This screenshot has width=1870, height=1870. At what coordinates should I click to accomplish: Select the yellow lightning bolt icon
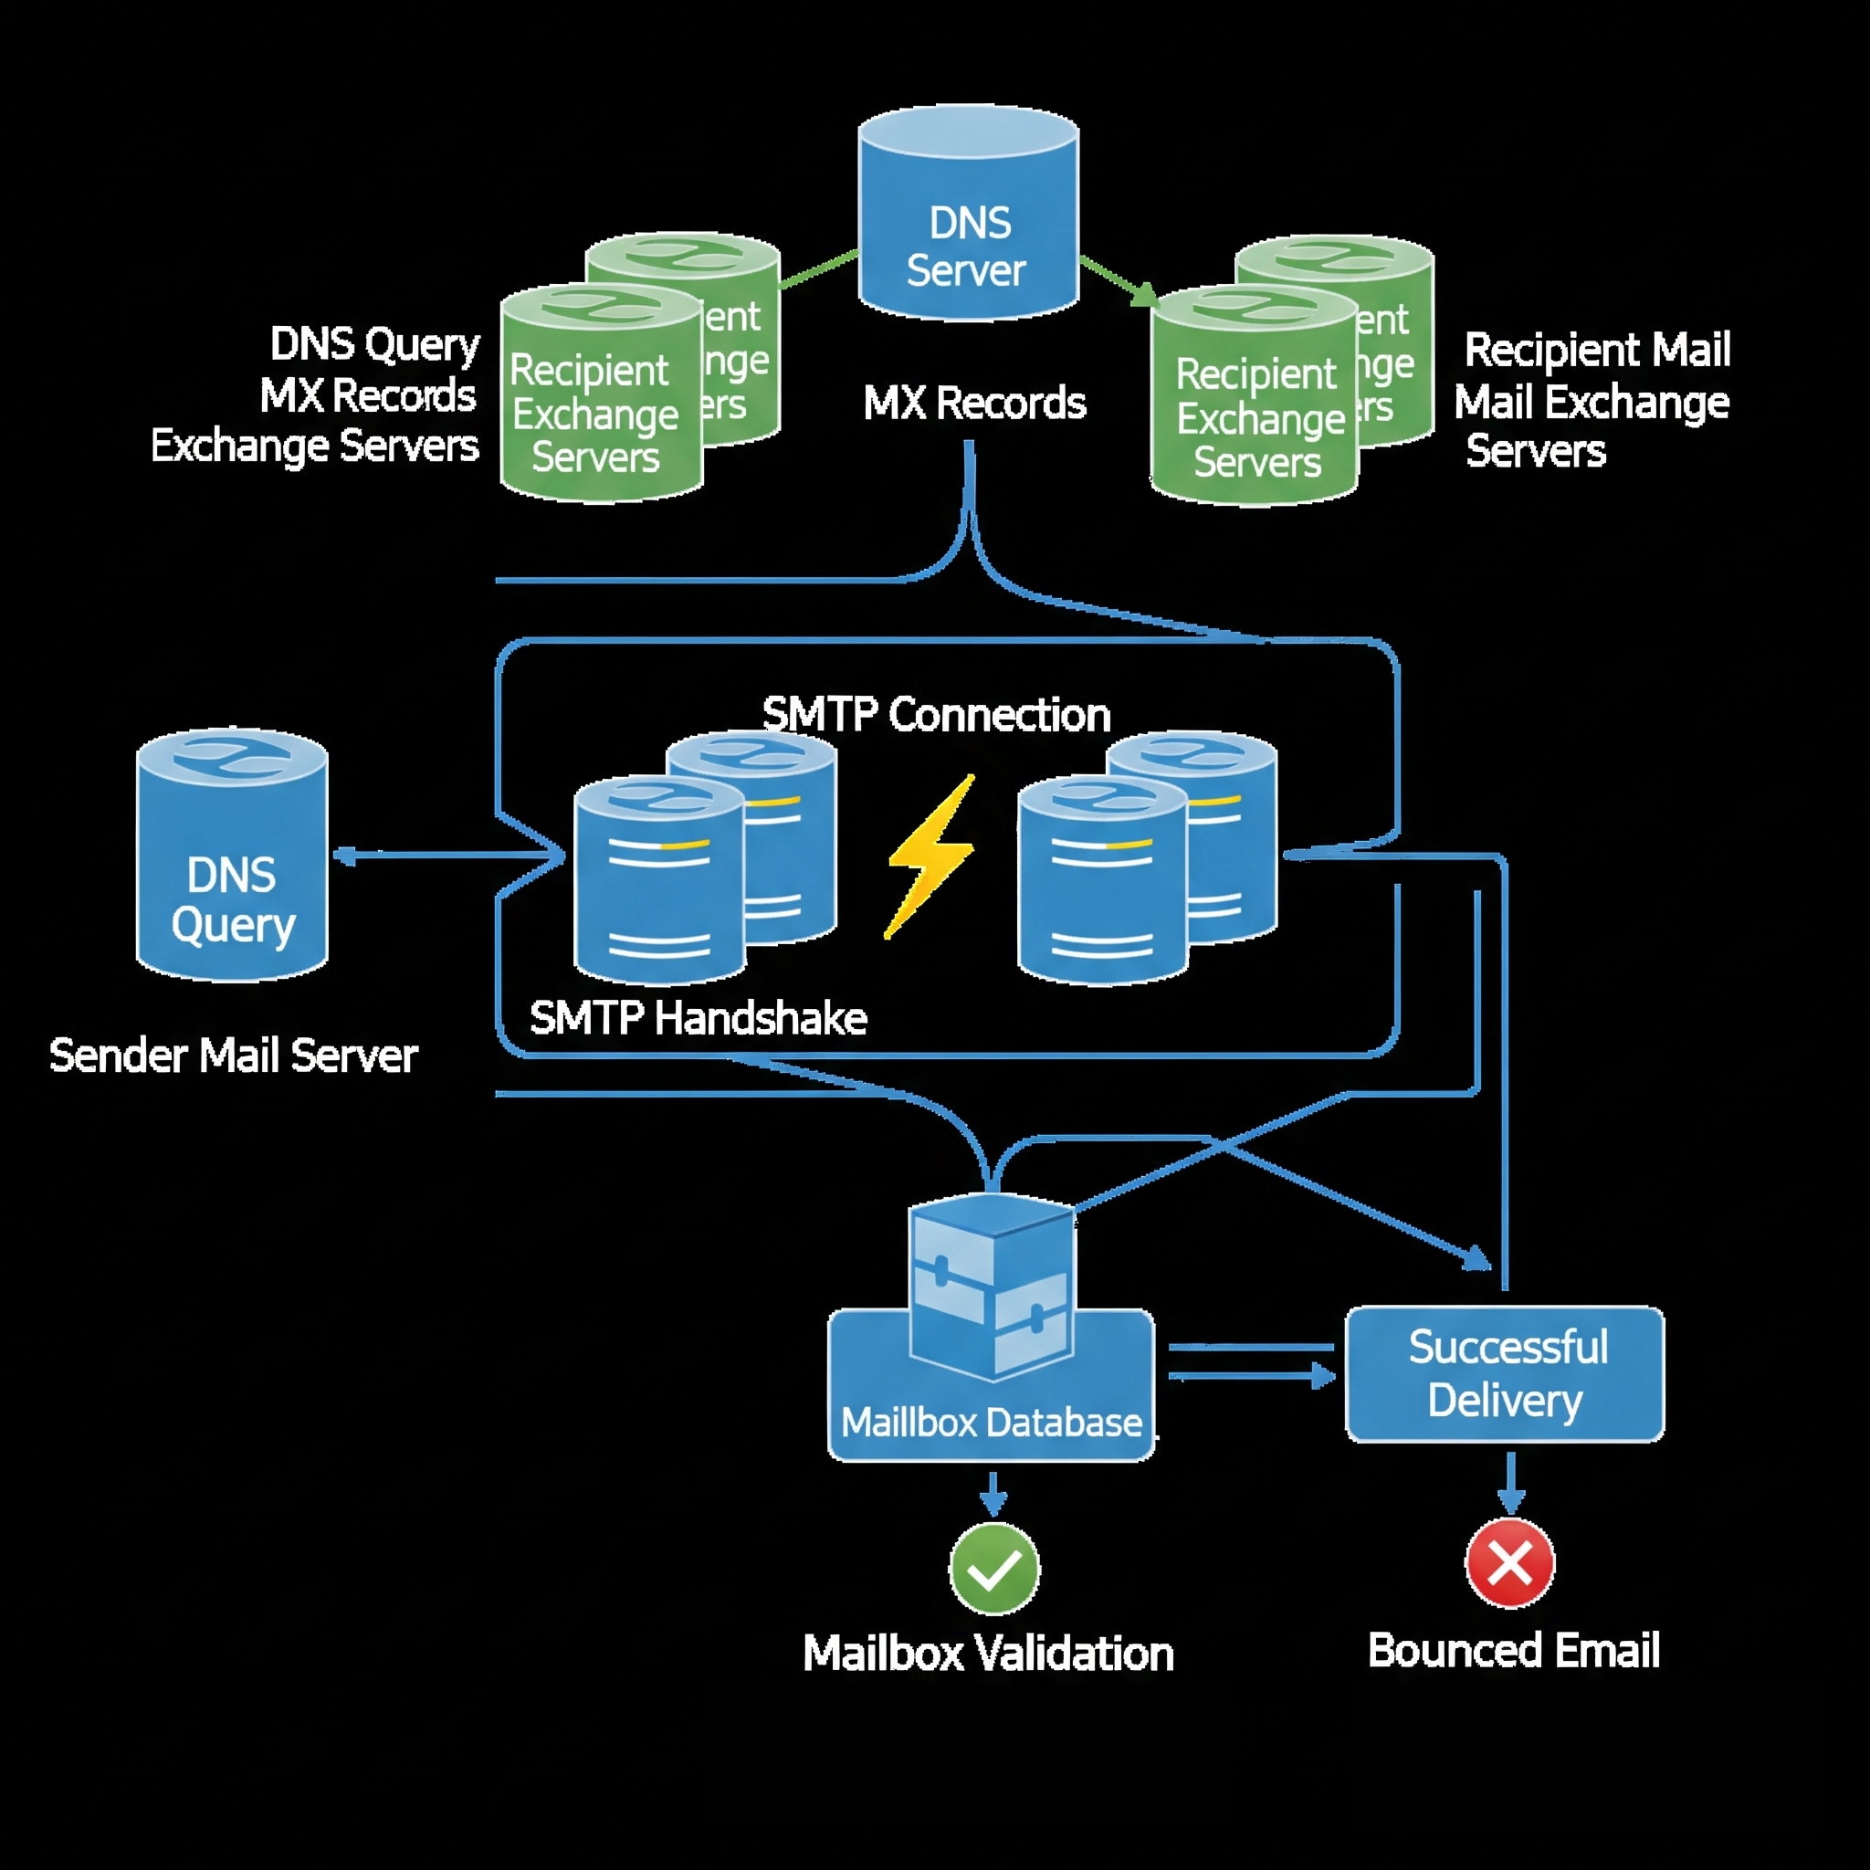point(930,856)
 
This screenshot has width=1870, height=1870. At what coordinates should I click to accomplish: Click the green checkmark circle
point(994,1569)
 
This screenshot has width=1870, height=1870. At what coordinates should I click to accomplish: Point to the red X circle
point(1510,1563)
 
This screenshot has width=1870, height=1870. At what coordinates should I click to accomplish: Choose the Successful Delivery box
point(1505,1373)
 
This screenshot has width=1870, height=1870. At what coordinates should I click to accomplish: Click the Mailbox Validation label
point(988,1654)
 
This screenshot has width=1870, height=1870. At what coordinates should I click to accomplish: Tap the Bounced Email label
point(1514,1650)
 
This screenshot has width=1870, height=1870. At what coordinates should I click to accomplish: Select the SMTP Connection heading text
point(936,715)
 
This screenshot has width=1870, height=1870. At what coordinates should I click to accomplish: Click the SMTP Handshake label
point(698,1018)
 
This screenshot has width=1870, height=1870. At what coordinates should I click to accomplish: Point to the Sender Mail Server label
point(233,1055)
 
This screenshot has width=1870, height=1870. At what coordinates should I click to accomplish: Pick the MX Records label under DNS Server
point(973,403)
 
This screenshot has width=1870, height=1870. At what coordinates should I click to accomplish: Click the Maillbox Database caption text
point(991,1423)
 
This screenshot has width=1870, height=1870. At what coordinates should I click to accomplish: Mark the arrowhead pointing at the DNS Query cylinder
point(342,856)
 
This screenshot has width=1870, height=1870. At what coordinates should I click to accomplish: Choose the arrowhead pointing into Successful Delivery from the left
point(1324,1375)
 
